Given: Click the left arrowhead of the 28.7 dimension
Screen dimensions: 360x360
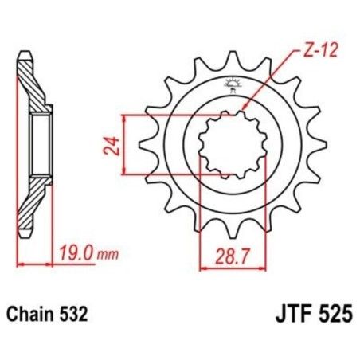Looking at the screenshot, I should tap(201, 267).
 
